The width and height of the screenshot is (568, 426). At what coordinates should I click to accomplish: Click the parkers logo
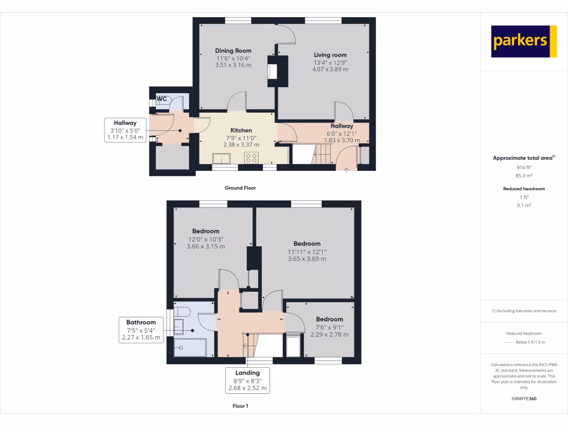click(x=524, y=41)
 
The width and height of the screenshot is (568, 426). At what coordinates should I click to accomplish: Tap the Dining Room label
click(x=233, y=50)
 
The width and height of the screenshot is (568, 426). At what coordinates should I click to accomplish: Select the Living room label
click(x=330, y=55)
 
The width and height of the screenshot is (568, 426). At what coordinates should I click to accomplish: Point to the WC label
click(x=162, y=99)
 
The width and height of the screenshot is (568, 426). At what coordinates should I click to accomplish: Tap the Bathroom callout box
click(x=141, y=329)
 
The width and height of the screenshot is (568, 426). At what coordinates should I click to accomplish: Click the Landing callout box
click(x=247, y=381)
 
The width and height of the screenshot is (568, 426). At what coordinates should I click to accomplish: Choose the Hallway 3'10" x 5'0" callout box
click(x=125, y=130)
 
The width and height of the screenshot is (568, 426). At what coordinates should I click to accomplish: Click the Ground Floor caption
click(x=240, y=188)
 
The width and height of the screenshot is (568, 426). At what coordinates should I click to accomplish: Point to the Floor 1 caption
click(x=240, y=407)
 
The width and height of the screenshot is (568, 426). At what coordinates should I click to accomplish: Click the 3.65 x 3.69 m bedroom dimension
click(x=307, y=258)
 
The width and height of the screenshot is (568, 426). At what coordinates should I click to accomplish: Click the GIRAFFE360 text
click(x=524, y=398)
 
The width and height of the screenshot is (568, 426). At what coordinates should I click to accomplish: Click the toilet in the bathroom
click(x=182, y=311)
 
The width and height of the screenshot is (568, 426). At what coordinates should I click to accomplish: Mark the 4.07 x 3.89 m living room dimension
click(x=330, y=69)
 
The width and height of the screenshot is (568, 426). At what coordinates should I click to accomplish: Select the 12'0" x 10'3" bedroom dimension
click(x=206, y=239)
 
